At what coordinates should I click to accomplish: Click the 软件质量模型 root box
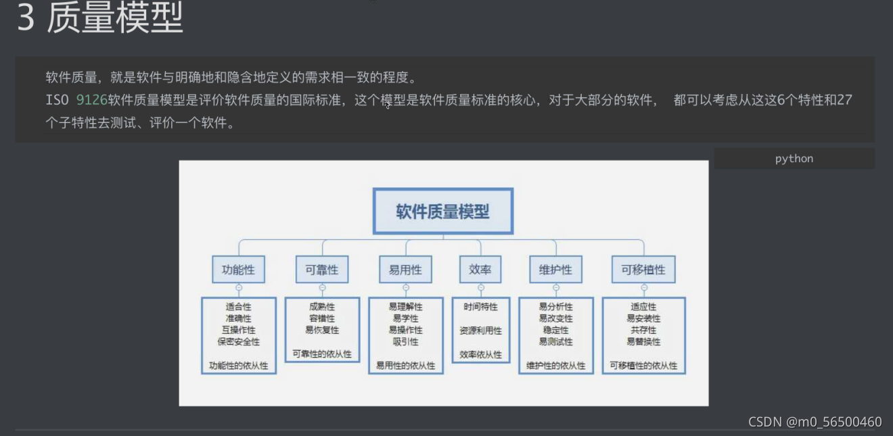click(x=443, y=211)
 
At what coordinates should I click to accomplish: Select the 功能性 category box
click(x=238, y=269)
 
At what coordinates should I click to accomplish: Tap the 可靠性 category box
click(x=322, y=269)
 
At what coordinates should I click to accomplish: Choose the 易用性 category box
click(x=405, y=269)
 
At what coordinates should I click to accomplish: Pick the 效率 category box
click(x=480, y=269)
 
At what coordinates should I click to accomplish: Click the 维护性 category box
click(x=555, y=269)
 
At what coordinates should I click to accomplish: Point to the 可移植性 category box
click(x=643, y=269)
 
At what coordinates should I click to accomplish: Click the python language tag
click(x=794, y=159)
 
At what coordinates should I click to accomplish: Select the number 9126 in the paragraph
click(x=91, y=100)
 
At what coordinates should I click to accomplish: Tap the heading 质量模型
click(x=115, y=18)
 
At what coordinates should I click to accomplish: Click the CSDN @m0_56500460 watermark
click(x=815, y=422)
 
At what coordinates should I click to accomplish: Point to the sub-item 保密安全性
click(x=238, y=342)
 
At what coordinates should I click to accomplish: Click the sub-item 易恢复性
click(x=322, y=331)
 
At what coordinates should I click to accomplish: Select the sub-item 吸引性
click(x=405, y=342)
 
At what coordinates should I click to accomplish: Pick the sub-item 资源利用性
click(x=481, y=331)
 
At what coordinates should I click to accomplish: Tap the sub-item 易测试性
click(x=555, y=342)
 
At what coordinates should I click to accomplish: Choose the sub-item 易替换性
click(x=643, y=342)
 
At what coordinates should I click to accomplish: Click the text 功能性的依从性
click(x=238, y=366)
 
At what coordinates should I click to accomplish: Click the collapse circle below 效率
click(x=481, y=287)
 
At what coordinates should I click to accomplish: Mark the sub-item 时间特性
click(x=481, y=307)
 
